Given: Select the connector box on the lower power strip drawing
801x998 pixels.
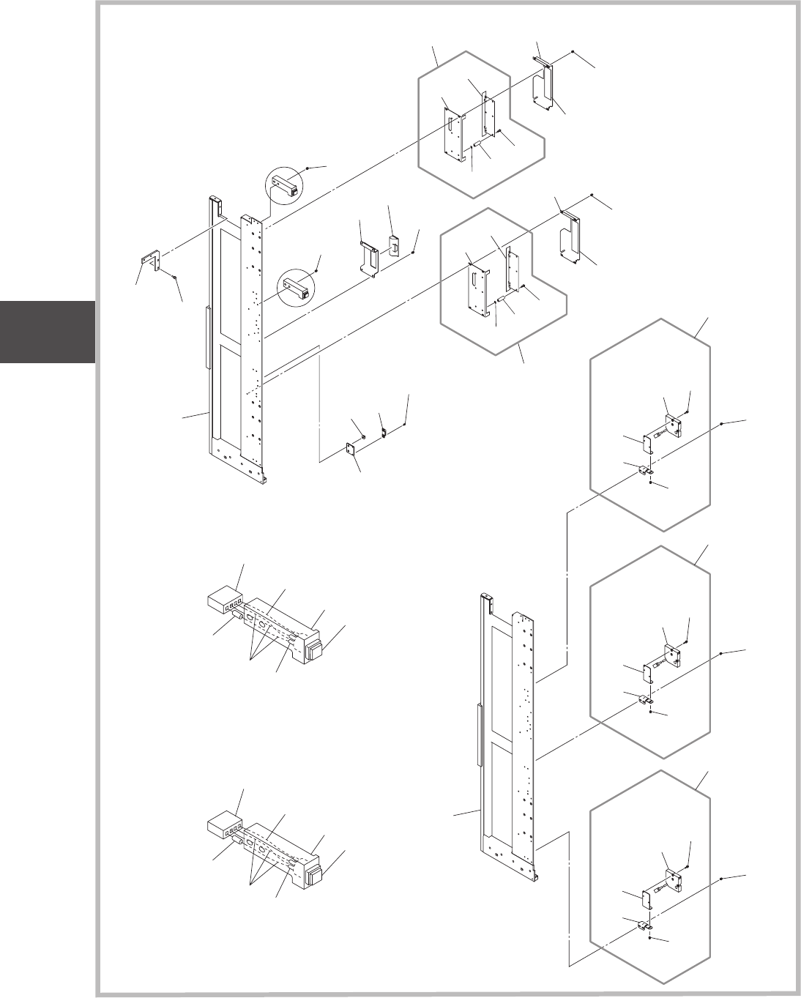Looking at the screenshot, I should tap(225, 827).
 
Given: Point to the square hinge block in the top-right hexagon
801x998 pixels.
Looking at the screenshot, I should tap(674, 426).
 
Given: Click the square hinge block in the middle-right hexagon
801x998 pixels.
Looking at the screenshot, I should tap(674, 652).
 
